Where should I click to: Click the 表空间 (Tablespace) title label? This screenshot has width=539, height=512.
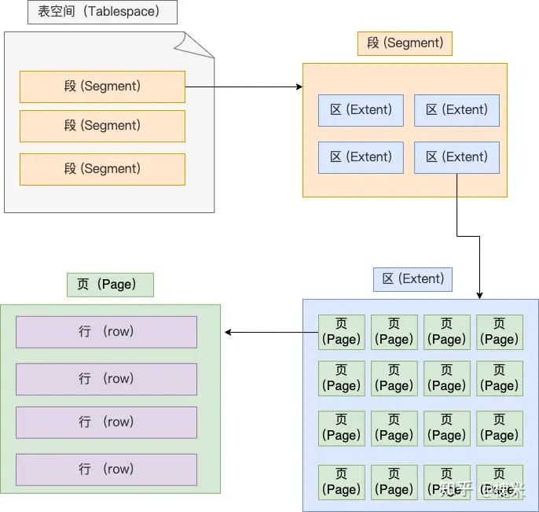click(102, 12)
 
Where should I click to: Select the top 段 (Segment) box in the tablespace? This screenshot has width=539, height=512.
click(102, 87)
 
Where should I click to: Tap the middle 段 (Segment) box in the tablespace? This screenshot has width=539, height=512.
click(102, 126)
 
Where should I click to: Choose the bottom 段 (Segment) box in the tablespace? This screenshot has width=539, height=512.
click(102, 169)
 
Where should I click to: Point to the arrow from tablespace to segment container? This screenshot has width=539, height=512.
click(244, 87)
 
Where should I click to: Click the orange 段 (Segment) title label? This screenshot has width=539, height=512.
click(405, 42)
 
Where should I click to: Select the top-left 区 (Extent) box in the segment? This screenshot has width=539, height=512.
click(361, 110)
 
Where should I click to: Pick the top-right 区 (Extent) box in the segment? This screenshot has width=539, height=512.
click(456, 110)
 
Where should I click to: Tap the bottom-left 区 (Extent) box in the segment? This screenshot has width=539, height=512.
click(361, 157)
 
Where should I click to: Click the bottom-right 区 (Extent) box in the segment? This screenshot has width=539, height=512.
click(456, 157)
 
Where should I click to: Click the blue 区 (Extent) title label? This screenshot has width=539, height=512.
click(412, 278)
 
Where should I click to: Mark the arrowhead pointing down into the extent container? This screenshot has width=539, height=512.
click(479, 294)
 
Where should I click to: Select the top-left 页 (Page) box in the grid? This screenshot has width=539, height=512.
click(341, 332)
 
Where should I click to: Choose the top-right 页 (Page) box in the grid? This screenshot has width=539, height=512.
click(500, 332)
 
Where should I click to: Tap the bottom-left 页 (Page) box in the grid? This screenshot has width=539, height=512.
click(341, 481)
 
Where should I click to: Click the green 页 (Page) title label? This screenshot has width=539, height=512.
click(110, 285)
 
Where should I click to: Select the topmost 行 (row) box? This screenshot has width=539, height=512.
click(106, 332)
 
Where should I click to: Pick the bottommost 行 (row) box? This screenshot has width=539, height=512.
click(106, 470)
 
